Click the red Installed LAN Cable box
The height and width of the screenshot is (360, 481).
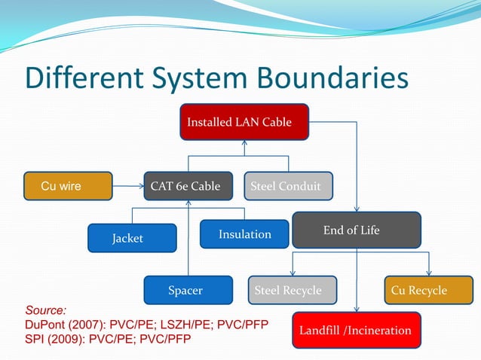[x=244, y=122]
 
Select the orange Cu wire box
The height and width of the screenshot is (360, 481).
[x=68, y=186]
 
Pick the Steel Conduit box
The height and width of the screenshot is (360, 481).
[x=288, y=186]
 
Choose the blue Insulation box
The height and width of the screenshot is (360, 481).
[x=244, y=234]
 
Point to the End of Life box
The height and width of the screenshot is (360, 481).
[x=356, y=230]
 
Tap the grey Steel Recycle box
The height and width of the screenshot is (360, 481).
[x=292, y=290]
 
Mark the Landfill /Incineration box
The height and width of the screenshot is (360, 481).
[x=355, y=331]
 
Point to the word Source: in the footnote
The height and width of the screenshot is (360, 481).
[x=46, y=310]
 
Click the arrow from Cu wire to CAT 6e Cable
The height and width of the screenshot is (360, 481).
[x=127, y=186]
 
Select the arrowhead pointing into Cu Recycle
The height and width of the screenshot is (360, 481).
[x=429, y=273]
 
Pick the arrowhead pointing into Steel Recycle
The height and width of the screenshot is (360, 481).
[x=292, y=273]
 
